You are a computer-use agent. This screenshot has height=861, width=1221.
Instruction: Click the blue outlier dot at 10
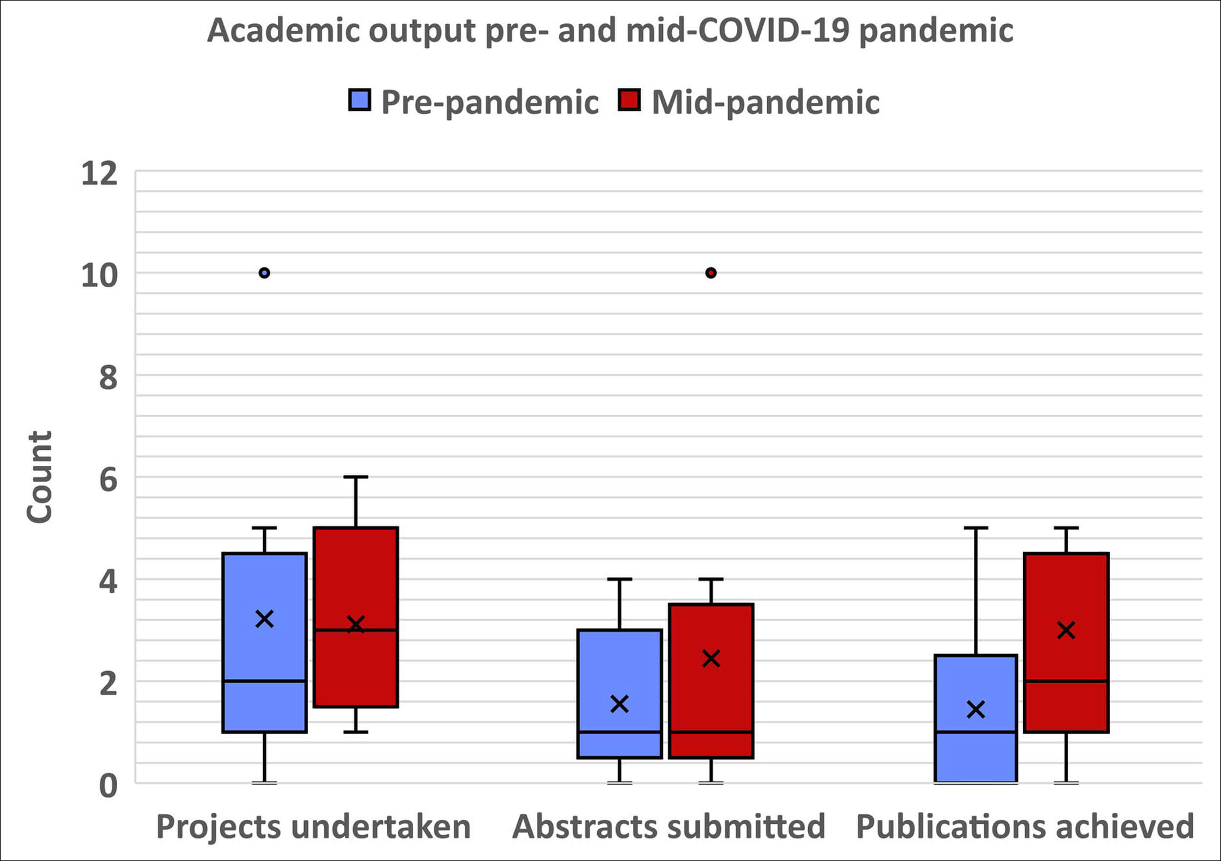click(x=264, y=273)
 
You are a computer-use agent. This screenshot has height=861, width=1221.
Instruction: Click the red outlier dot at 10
click(x=711, y=273)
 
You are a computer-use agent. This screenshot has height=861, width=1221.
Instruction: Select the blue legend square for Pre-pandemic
click(x=359, y=100)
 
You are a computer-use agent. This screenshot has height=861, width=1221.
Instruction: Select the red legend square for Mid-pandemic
click(x=630, y=100)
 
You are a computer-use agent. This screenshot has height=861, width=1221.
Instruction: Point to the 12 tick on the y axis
click(x=100, y=174)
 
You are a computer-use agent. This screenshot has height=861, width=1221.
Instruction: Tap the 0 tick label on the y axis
click(x=108, y=785)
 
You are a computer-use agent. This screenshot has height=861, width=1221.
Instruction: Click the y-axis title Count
click(x=40, y=477)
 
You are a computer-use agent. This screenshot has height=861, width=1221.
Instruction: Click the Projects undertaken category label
click(x=313, y=826)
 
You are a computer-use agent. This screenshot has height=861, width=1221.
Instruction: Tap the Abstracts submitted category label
click(x=669, y=826)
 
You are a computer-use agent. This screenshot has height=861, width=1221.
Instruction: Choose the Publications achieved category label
click(x=1025, y=826)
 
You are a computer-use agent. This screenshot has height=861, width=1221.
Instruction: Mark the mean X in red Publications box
click(x=1066, y=630)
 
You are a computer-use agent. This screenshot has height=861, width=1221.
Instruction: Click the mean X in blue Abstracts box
click(x=620, y=704)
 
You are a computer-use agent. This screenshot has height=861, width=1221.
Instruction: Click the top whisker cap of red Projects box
click(x=356, y=477)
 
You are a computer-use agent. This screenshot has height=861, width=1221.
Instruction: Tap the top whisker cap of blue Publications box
click(x=976, y=528)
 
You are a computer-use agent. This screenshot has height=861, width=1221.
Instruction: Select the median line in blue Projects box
click(x=264, y=681)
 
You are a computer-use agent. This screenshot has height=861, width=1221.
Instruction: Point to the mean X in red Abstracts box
click(x=711, y=658)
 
